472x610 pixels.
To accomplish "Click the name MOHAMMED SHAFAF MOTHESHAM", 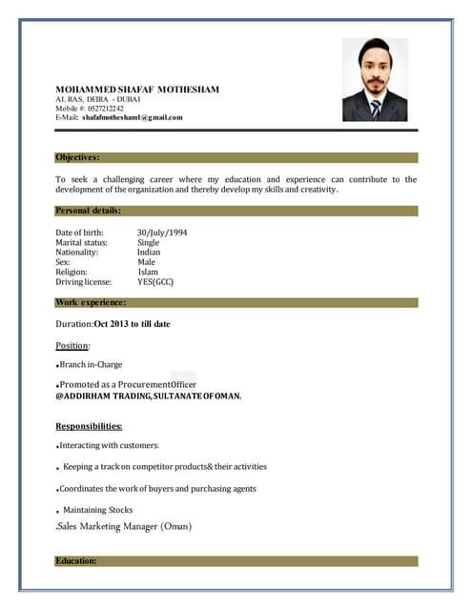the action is [x=136, y=90].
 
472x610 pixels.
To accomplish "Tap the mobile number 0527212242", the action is [x=105, y=108].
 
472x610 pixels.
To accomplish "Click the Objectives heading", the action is [x=77, y=157].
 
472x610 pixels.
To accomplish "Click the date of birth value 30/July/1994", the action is [x=162, y=233].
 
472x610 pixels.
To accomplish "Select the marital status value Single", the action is [x=148, y=242].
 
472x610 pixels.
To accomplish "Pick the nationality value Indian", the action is [x=149, y=253].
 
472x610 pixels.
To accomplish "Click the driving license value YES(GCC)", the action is [x=155, y=282].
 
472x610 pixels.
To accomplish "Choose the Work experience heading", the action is [x=91, y=302].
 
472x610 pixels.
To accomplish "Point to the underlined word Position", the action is [x=72, y=345].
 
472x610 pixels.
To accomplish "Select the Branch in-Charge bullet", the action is [x=91, y=364].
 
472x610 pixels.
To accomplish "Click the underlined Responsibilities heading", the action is [x=89, y=426].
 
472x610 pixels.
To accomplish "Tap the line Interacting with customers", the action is [x=109, y=445].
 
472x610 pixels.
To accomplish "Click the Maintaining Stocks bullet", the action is [x=97, y=510].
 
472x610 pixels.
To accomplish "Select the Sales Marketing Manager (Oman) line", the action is [x=124, y=526].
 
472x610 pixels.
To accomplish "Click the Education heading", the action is [x=76, y=561].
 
